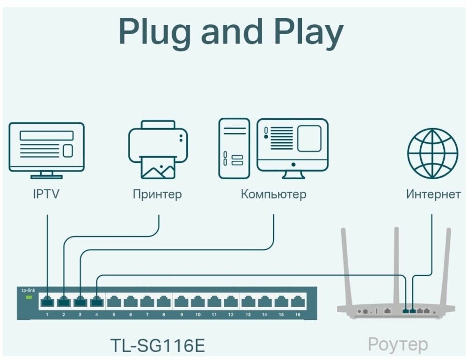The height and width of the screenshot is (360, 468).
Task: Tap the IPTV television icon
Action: [x=47, y=150]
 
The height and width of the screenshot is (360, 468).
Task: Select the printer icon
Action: [x=158, y=150]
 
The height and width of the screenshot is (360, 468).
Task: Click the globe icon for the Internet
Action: [x=432, y=153]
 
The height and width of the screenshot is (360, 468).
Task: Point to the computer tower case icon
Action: [x=234, y=148]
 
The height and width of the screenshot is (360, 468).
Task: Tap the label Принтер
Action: [x=157, y=194]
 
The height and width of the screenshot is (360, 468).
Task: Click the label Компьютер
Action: [x=273, y=194]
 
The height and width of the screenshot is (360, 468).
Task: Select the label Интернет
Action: [x=433, y=194]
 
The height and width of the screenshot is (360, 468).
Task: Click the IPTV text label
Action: [x=46, y=194]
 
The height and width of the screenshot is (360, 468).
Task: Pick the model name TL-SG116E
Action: [x=158, y=345]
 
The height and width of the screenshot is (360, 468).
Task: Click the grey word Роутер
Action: [x=397, y=345]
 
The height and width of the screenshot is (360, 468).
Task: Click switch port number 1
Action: [x=47, y=302]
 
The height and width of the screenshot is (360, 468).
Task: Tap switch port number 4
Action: [x=96, y=302]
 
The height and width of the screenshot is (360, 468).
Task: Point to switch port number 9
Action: [x=182, y=302]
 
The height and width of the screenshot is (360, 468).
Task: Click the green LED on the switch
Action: [x=29, y=297]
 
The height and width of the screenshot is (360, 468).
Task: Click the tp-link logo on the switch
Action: [x=29, y=290]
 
